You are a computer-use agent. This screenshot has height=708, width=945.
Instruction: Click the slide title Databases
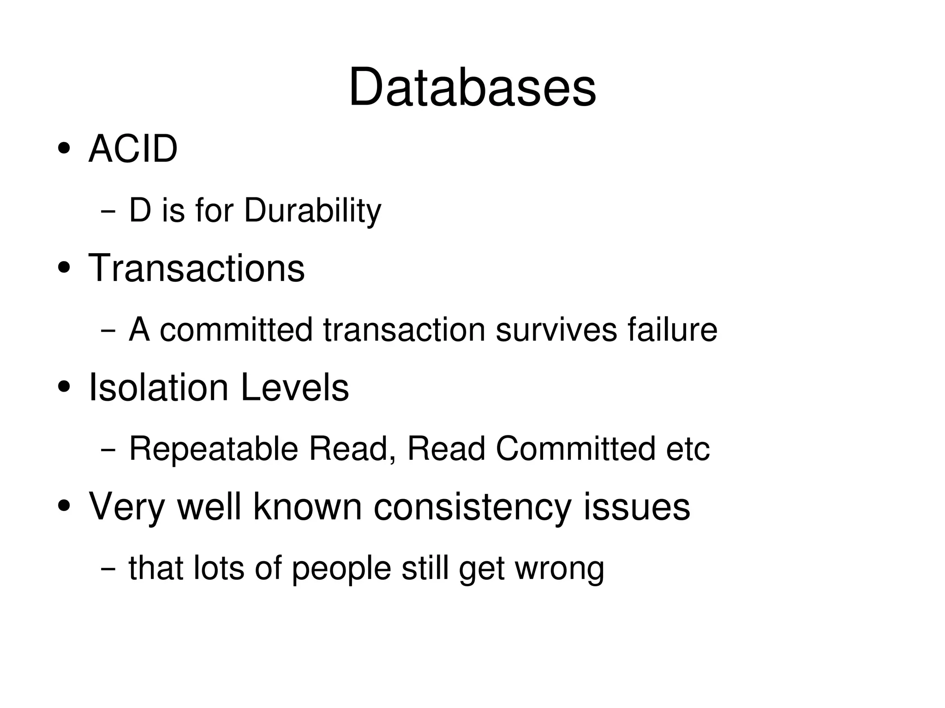point(472,88)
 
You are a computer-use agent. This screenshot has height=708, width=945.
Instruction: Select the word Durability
point(312,211)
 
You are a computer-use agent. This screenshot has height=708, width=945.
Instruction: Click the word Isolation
point(158,387)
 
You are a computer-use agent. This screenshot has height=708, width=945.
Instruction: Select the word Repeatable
point(214,449)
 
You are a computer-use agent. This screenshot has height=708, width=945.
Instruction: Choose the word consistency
point(472,507)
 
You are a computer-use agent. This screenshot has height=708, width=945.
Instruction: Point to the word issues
point(637,507)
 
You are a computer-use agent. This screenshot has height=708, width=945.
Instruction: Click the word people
point(341,569)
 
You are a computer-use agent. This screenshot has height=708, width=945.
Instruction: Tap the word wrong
point(559,569)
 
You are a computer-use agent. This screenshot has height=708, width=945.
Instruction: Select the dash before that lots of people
point(108,568)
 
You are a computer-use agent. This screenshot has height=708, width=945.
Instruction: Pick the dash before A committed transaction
point(108,331)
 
